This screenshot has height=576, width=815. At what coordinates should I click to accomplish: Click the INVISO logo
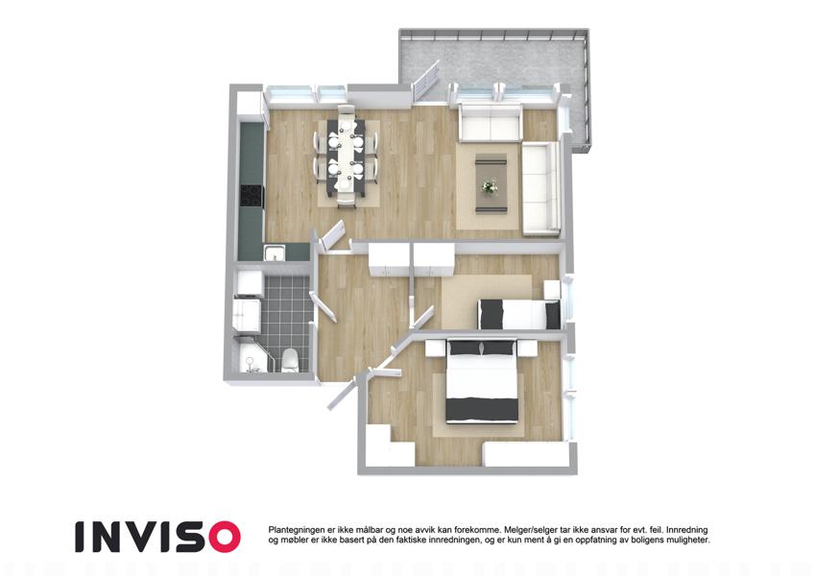[158, 537]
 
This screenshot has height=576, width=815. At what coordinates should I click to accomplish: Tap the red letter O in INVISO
[225, 537]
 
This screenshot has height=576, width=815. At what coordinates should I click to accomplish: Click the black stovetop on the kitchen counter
[252, 196]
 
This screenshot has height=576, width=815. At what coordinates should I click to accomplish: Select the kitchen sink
[274, 252]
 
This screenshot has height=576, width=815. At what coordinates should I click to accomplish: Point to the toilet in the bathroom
[290, 360]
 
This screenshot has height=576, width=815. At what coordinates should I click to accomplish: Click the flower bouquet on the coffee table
[489, 186]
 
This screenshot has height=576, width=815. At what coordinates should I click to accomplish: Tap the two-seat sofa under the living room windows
[490, 123]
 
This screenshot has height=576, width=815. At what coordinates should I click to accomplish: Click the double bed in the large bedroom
[482, 380]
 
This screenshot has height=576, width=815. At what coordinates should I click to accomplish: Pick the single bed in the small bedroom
[518, 314]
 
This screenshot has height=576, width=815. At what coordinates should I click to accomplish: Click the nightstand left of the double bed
[436, 348]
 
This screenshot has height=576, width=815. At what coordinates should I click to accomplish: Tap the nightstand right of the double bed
[526, 348]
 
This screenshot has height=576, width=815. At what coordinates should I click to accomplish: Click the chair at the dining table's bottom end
[347, 200]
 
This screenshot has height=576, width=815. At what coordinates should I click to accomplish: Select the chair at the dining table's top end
[347, 111]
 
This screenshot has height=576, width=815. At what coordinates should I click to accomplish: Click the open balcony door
[425, 82]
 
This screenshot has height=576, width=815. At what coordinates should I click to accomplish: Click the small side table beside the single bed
[551, 289]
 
